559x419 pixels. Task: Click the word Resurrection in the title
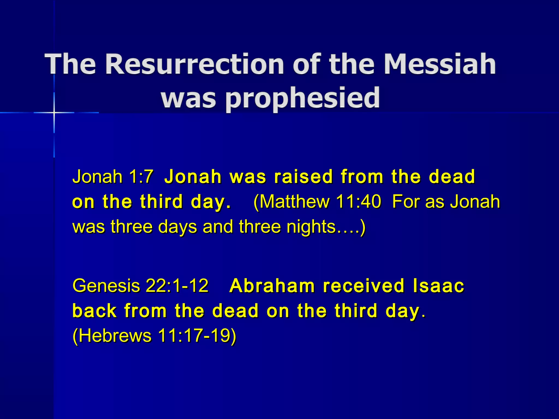click(194, 64)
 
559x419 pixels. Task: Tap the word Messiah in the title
click(440, 64)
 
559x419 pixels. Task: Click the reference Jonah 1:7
click(112, 176)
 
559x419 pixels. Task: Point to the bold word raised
click(304, 176)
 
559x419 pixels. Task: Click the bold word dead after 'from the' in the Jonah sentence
click(452, 176)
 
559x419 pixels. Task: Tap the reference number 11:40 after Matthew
click(358, 202)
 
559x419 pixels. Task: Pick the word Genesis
click(106, 286)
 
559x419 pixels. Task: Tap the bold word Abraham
click(272, 286)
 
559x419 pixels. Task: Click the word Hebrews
click(115, 336)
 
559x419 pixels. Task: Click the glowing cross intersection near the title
click(54, 112)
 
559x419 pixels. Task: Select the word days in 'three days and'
click(177, 227)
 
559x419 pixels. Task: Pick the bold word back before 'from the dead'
click(94, 311)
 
